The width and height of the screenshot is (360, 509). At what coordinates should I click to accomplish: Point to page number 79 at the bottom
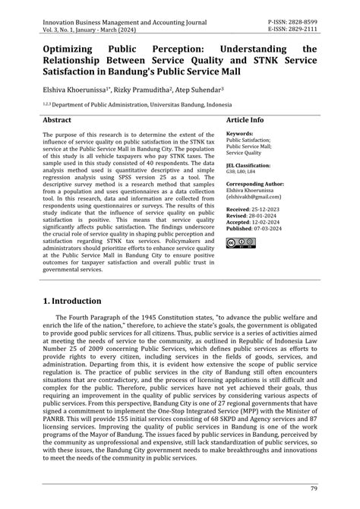pyautogui.click(x=313, y=488)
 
